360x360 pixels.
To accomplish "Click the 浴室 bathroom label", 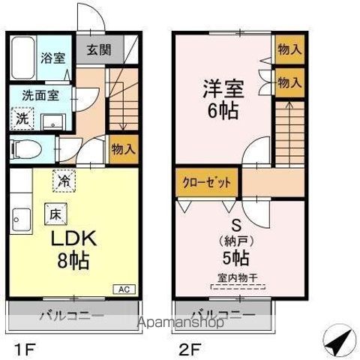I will (x=52, y=56).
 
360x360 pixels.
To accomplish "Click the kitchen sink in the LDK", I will (x=20, y=220).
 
